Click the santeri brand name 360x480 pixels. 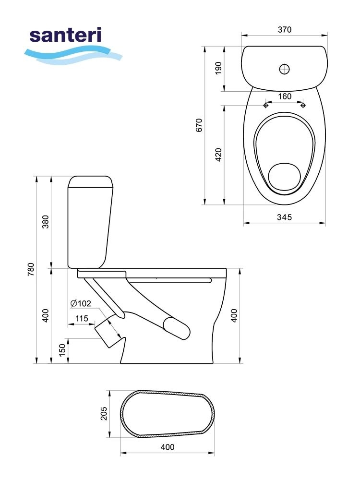(x=65, y=35)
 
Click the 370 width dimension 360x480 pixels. (x=284, y=30)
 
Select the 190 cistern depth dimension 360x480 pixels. (x=218, y=69)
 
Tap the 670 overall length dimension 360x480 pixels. (x=199, y=125)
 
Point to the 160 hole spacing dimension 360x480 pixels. (x=284, y=96)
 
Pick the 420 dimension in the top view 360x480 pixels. (x=218, y=155)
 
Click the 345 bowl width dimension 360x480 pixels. (x=284, y=217)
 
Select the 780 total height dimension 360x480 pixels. (x=31, y=270)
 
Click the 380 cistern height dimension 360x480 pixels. (x=45, y=222)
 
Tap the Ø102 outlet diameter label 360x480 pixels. (x=81, y=303)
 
